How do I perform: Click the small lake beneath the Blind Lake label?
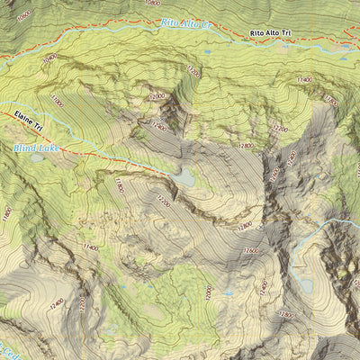click(x=36, y=157)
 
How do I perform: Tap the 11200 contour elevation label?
click(x=191, y=70)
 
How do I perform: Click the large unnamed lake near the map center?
click(x=184, y=178)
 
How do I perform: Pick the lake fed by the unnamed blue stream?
click(x=306, y=285)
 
